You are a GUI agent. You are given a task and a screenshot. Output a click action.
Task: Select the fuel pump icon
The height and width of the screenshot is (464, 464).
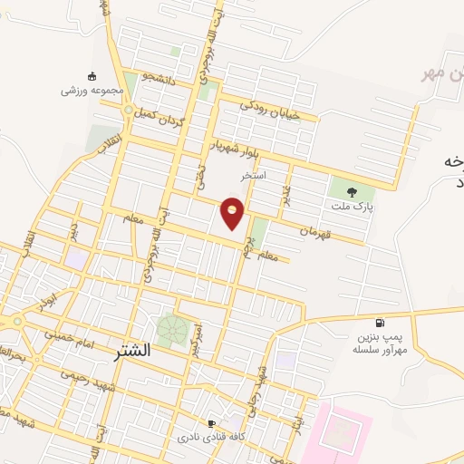pos(379,324)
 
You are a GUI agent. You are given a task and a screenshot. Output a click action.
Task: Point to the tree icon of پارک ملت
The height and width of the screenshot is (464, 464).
pos(353,190)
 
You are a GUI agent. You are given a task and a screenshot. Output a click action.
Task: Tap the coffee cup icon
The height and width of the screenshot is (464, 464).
pos(211,422)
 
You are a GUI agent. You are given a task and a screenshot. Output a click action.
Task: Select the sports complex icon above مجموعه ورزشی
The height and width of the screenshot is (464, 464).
pos(91,76)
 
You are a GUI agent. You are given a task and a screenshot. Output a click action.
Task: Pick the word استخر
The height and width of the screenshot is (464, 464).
pos(254,174)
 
